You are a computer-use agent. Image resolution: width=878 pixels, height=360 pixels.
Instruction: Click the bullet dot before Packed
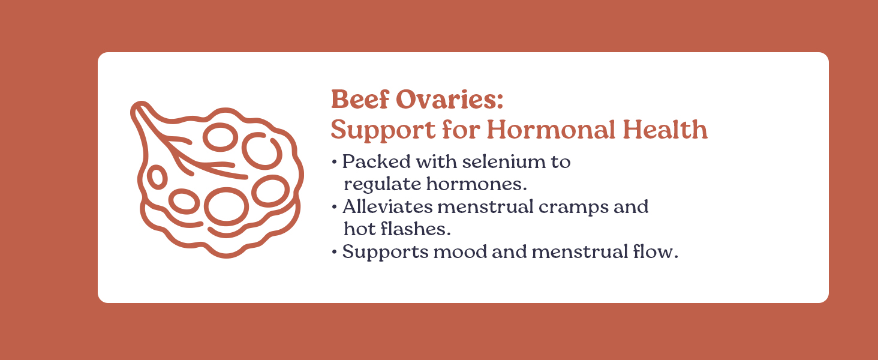click(x=334, y=163)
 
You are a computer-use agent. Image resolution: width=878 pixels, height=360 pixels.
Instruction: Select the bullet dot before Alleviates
click(x=334, y=208)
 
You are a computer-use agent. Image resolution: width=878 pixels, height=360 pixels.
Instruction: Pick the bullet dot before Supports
click(x=334, y=253)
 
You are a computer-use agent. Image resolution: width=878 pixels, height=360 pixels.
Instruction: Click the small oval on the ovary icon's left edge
click(x=157, y=177)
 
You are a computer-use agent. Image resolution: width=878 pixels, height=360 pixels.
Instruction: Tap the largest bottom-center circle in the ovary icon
click(x=226, y=206)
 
